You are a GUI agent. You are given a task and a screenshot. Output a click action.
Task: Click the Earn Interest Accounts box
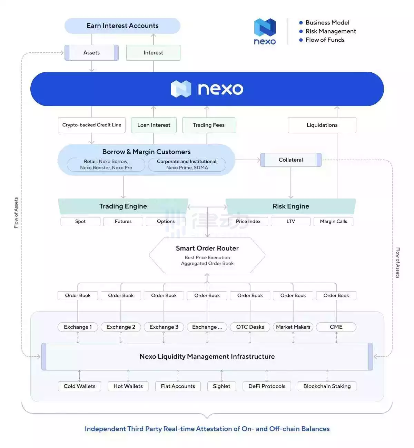pos(122,26)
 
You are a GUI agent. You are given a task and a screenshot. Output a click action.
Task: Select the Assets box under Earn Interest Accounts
pos(91,53)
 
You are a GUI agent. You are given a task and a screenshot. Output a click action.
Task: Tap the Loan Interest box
pos(154,125)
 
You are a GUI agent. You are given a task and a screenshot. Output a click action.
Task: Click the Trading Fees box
pos(208,125)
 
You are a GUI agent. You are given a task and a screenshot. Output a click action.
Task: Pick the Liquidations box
pos(322,125)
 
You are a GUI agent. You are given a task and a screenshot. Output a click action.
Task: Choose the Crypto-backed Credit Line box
pos(92,125)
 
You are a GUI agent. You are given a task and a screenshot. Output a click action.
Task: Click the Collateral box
pos(290,160)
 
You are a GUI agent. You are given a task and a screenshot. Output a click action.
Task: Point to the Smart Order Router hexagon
pos(207,255)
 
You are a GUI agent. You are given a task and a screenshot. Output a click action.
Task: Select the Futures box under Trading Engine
pos(123,222)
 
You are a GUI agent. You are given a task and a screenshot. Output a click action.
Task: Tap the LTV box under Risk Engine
pos(290,222)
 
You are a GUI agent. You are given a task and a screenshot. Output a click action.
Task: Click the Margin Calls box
pos(333,222)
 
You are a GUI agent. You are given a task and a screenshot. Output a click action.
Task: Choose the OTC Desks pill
pos(250,327)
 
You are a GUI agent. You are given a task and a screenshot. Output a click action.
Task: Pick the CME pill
pos(336,327)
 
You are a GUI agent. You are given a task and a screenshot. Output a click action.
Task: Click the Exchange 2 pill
pos(121,327)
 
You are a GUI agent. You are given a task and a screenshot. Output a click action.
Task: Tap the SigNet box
pos(221,386)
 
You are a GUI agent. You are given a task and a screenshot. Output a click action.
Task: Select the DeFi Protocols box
pos(267,386)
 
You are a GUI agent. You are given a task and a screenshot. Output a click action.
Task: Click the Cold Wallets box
pos(79,386)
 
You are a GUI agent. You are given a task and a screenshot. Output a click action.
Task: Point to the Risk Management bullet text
pos(330,31)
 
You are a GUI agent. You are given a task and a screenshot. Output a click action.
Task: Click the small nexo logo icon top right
pos(265,28)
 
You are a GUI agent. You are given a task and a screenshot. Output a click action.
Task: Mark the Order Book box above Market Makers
pos(293,296)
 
